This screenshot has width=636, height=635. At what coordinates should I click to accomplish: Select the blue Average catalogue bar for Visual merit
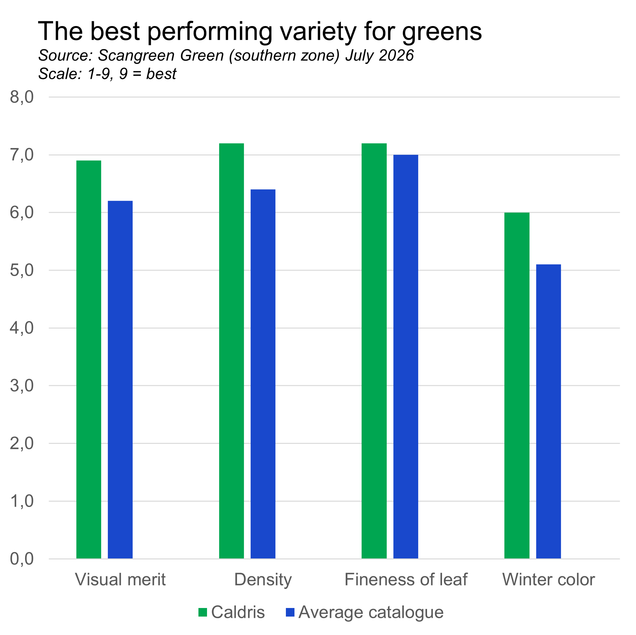tap(121, 380)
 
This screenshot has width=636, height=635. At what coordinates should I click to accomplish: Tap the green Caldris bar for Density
tap(232, 351)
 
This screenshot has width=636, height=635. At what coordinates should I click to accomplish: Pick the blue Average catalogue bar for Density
tap(263, 374)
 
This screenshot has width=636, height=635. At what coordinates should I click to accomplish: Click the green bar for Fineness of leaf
tap(374, 351)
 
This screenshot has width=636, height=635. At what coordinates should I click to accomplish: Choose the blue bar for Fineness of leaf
tap(406, 356)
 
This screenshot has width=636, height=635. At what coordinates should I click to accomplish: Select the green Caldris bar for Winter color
tap(517, 385)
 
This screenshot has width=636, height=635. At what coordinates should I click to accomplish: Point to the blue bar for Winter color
tap(549, 411)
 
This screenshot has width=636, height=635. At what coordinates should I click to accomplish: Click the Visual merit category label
tap(121, 579)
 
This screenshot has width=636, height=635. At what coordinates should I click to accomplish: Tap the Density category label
tap(263, 579)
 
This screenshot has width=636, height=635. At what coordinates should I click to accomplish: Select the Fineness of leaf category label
tap(406, 579)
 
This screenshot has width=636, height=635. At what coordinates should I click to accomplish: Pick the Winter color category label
tap(549, 579)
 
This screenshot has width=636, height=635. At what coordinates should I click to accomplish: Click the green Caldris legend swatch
tap(203, 612)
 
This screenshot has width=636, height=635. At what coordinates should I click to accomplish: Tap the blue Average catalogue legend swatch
tap(290, 612)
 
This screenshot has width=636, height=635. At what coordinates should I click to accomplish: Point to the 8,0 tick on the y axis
tap(22, 97)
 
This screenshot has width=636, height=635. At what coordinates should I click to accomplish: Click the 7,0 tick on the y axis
tap(22, 155)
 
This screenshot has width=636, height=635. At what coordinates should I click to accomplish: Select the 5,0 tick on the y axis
tap(22, 270)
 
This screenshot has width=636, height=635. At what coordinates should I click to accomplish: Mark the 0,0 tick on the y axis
tap(22, 559)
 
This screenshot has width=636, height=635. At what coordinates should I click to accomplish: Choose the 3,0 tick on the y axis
tap(22, 386)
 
